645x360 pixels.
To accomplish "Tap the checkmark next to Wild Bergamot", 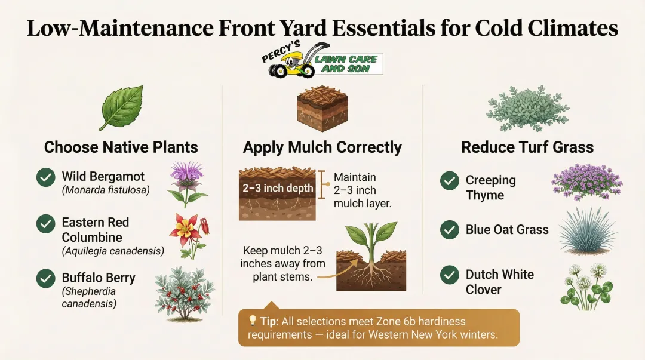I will pyautogui.click(x=46, y=178).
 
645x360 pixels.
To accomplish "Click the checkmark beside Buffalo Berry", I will pyautogui.click(x=46, y=279).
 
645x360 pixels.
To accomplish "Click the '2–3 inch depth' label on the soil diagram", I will pyautogui.click(x=277, y=189).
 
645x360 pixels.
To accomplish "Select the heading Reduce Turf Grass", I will pyautogui.click(x=527, y=147).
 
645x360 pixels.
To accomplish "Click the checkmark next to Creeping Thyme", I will pyautogui.click(x=450, y=181).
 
